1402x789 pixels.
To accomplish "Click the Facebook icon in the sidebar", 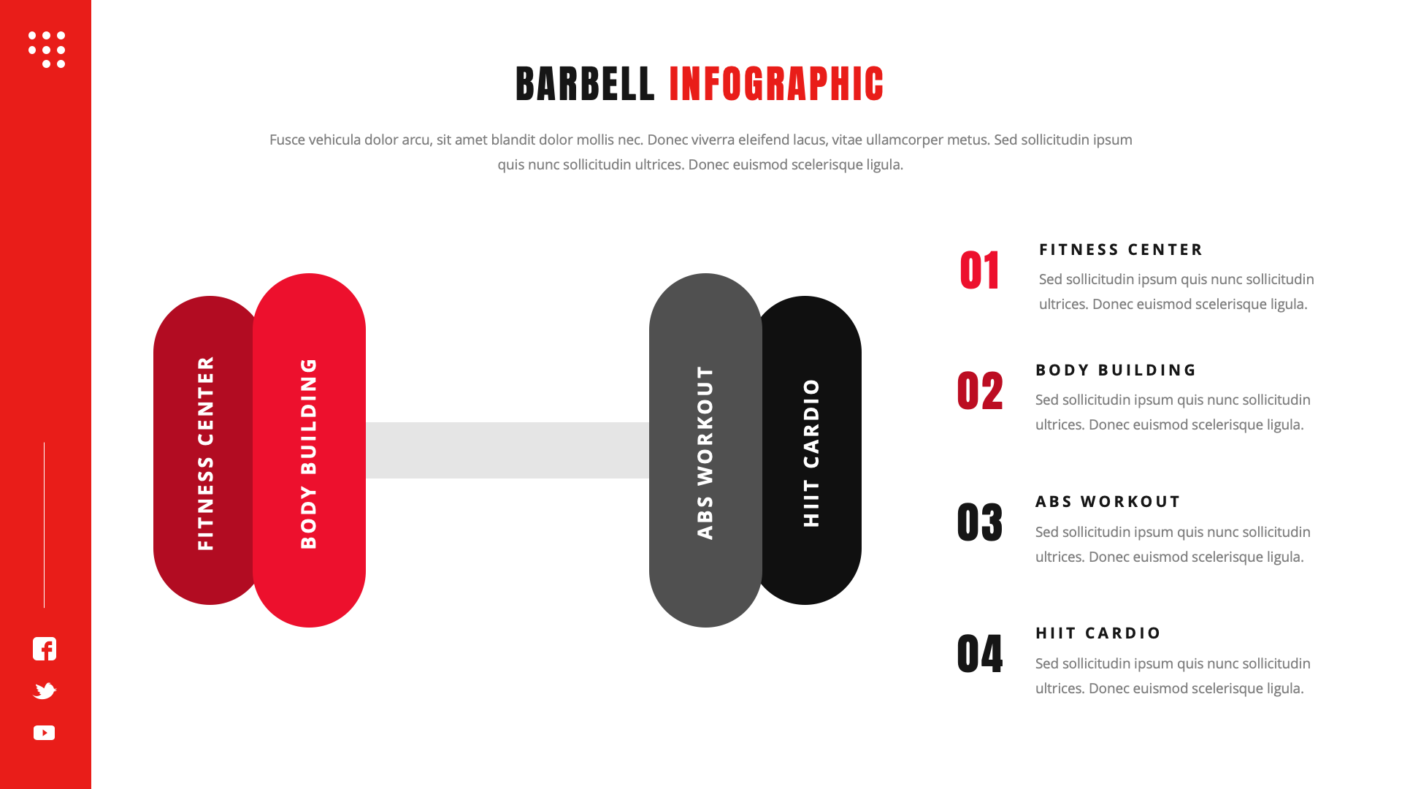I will click(45, 649).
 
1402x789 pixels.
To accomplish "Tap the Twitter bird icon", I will click(45, 690).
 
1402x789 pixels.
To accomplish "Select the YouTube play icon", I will click(45, 733).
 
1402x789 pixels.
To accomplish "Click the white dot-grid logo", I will click(47, 50).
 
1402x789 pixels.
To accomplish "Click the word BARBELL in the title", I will click(585, 84).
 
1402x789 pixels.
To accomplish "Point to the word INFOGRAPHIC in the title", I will click(776, 84).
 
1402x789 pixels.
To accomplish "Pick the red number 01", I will click(980, 271).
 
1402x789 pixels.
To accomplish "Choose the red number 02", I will click(980, 391).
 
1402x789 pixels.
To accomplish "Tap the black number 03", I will click(980, 522).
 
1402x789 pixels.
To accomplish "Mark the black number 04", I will click(980, 654).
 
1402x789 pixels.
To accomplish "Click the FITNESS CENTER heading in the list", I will click(1121, 250).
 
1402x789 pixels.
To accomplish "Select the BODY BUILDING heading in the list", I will click(1116, 370).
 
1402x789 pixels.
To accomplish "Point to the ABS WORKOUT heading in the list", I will click(1108, 502).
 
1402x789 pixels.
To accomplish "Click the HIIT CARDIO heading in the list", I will click(1098, 633).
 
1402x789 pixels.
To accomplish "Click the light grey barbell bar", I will click(507, 450).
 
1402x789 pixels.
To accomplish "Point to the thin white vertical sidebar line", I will click(45, 525).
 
